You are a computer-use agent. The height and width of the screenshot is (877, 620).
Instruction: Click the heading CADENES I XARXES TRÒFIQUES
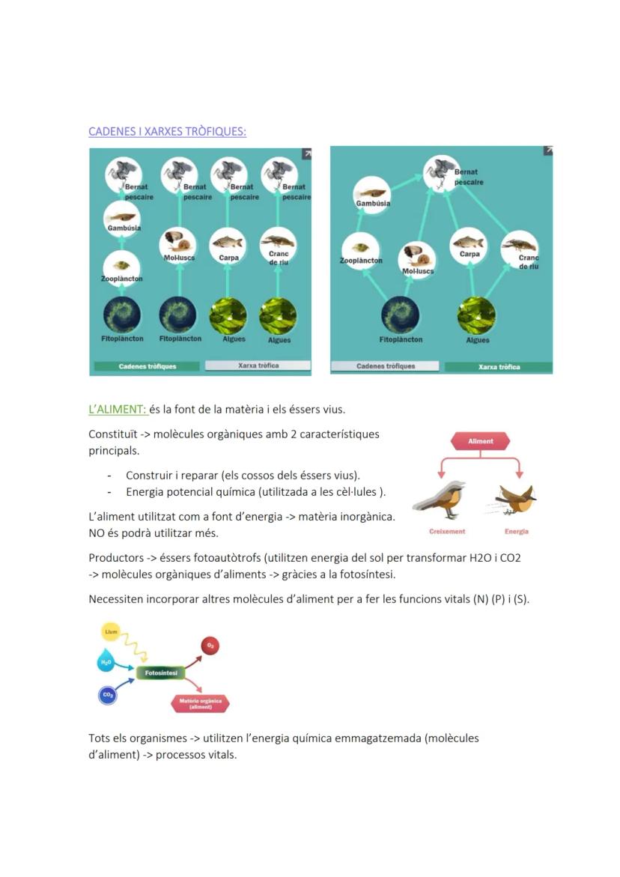167,132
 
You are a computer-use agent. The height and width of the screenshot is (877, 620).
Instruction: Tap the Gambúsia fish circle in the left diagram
122,217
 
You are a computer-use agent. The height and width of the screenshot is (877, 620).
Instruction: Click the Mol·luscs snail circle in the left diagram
178,243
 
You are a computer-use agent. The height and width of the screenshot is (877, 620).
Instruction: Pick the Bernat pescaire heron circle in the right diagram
440,172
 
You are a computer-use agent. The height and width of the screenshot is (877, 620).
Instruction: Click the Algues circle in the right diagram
476,315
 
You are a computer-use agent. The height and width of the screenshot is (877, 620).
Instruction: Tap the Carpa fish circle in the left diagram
228,243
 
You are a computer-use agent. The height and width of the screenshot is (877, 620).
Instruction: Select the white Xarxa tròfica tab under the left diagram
258,365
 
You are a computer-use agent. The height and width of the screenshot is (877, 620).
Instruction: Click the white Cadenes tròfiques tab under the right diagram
386,366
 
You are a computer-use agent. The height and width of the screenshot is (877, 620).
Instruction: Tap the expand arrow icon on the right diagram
547,151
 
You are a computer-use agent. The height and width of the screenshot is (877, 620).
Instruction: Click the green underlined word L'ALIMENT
117,409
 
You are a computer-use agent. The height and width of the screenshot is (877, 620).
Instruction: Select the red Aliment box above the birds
480,441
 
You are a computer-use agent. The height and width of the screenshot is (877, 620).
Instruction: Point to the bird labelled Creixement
440,500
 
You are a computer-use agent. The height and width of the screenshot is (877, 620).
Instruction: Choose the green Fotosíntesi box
160,673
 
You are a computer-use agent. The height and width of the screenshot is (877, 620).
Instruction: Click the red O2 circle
210,646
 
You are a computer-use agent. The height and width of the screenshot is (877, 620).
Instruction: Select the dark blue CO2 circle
108,696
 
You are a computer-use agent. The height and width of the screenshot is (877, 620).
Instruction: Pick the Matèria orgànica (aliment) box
201,704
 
